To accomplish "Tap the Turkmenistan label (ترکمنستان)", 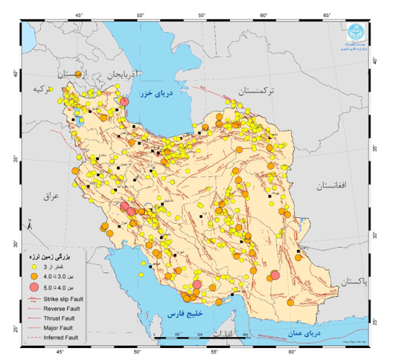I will [257, 90].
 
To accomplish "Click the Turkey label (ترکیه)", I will [33, 89].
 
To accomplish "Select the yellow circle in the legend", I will [34, 266].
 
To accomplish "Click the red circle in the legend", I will [34, 287].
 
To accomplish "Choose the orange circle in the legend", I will [34, 276].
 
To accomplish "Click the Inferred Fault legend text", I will [61, 338].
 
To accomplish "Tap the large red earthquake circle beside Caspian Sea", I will [125, 102].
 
